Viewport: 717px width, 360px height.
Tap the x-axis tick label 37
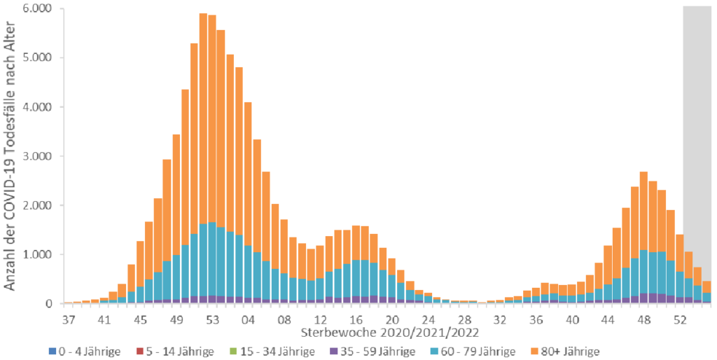[68, 319]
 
